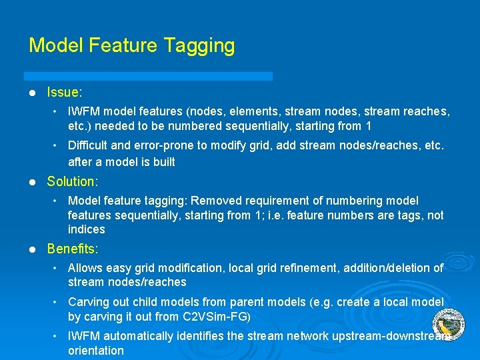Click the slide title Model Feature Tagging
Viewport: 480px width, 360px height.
[131, 45]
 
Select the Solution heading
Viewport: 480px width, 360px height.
[72, 181]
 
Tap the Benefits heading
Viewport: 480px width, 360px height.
[72, 249]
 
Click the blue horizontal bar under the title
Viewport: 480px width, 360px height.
[148, 76]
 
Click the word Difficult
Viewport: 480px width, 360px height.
[91, 145]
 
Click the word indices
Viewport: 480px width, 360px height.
[86, 229]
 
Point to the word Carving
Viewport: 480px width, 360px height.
[90, 302]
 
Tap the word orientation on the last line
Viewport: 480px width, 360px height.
[95, 351]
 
